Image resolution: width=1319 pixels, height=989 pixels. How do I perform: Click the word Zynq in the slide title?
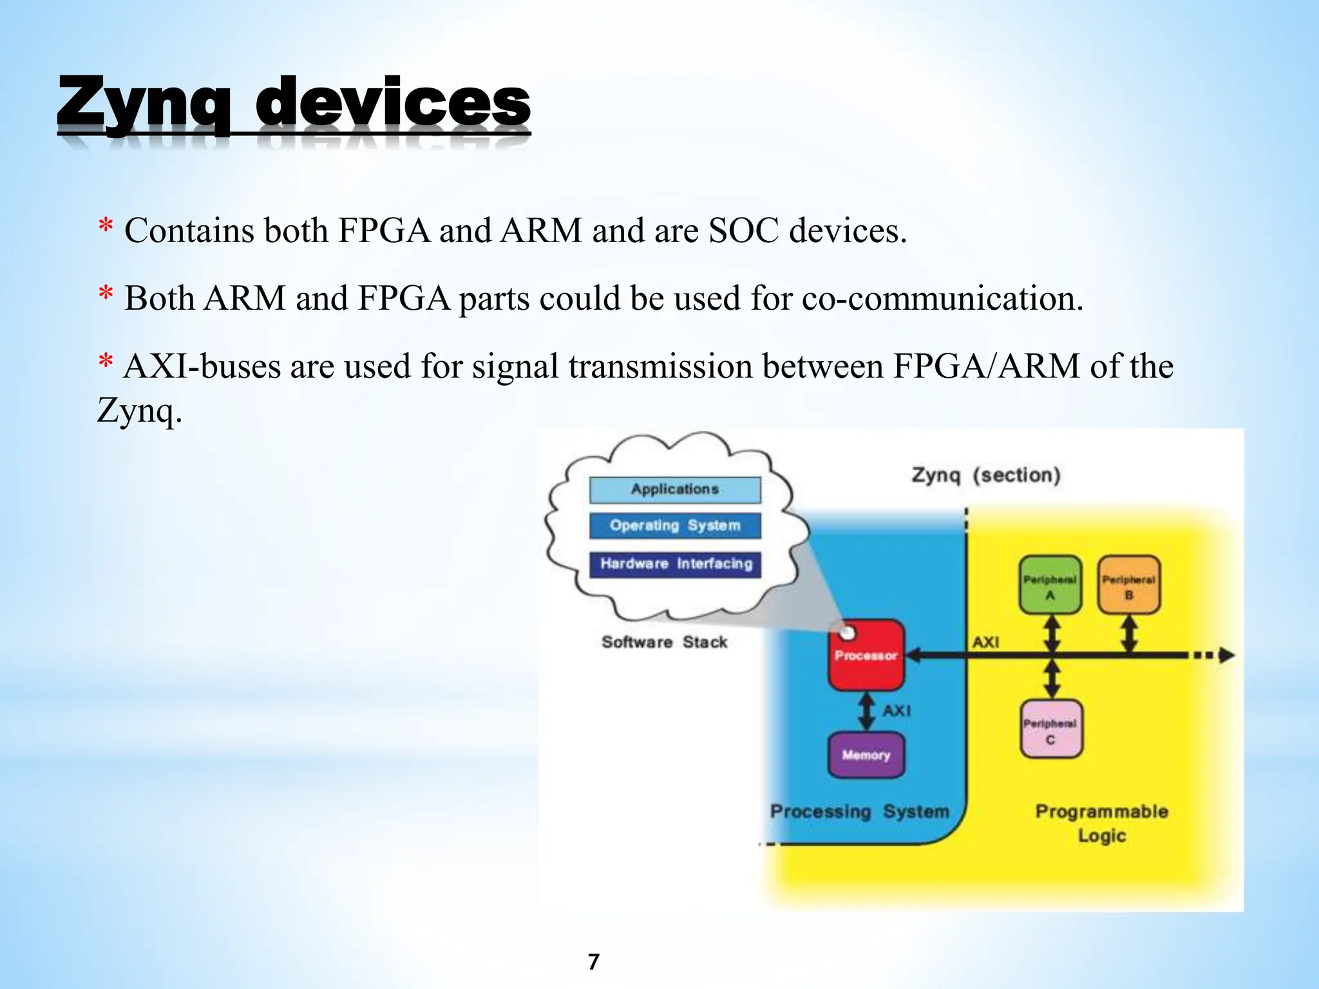(x=143, y=103)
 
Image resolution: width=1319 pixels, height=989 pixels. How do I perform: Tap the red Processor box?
(x=866, y=655)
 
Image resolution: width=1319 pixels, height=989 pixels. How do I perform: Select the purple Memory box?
(x=866, y=755)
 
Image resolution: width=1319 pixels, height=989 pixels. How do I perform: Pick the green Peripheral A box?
(x=1050, y=585)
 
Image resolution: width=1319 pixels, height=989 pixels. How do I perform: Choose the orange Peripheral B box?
(x=1128, y=585)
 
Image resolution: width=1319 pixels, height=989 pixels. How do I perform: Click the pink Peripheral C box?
(x=1050, y=730)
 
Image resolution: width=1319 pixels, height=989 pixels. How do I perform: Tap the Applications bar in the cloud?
(x=674, y=489)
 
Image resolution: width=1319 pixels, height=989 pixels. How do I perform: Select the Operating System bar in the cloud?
(x=674, y=525)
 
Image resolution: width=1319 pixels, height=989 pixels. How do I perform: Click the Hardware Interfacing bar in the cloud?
(x=675, y=564)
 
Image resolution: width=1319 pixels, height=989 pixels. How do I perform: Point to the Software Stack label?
(x=664, y=642)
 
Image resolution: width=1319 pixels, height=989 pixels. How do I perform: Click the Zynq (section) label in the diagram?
(x=985, y=475)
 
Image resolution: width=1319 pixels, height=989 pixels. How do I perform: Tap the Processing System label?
(x=859, y=811)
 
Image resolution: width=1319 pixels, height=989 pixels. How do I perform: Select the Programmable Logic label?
(x=1101, y=823)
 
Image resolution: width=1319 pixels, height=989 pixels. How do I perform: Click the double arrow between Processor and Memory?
(x=866, y=711)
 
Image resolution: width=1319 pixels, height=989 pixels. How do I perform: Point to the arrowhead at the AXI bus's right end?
(x=1228, y=655)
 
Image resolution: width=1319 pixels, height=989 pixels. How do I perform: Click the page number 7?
(x=594, y=962)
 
